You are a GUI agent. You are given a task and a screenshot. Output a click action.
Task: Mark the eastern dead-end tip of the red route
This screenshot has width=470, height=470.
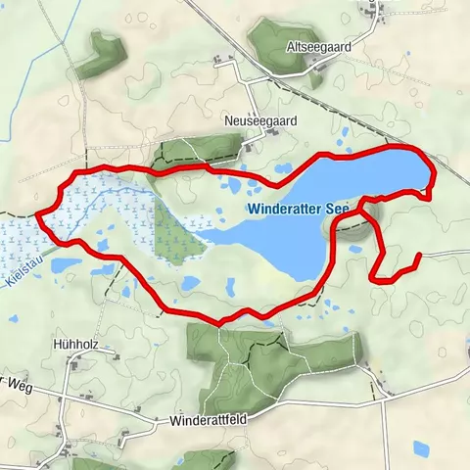[419, 257]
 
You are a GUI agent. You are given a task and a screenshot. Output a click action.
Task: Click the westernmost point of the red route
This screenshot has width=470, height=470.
[37, 212]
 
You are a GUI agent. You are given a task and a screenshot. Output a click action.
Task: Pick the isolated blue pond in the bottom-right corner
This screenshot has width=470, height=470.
[421, 448]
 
